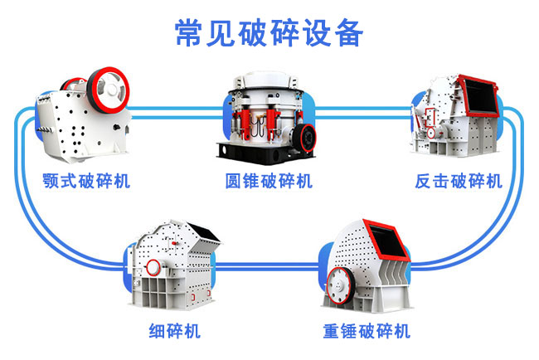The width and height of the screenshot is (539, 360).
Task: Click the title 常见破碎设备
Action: [x=269, y=32]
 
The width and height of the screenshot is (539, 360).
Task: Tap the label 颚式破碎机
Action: [x=86, y=181]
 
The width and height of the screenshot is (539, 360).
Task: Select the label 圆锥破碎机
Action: [x=269, y=181]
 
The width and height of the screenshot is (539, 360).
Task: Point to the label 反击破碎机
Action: [x=459, y=181]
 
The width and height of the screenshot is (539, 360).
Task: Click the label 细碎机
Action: [x=174, y=331]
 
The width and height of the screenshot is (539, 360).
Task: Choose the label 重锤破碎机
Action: [x=367, y=331]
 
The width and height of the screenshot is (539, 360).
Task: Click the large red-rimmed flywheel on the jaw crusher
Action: [x=108, y=90]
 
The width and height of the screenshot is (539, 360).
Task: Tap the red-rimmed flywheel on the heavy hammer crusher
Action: [x=340, y=285]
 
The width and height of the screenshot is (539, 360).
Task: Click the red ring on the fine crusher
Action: [x=153, y=267]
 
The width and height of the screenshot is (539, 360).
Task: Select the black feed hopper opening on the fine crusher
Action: [x=203, y=232]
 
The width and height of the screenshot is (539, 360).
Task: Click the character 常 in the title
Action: [x=187, y=32]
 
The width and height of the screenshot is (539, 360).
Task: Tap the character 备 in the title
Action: [x=349, y=32]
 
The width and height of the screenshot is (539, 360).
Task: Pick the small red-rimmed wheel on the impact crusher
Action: [x=431, y=133]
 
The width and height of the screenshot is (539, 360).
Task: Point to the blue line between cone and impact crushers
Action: [x=363, y=113]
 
